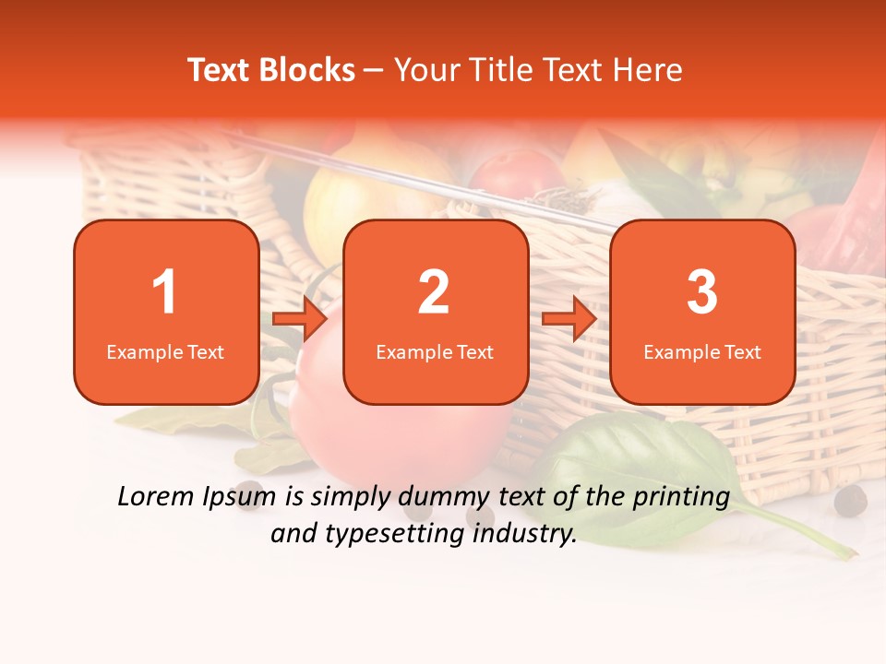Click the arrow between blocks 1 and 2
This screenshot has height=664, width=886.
301,318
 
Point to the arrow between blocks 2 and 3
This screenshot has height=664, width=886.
569,318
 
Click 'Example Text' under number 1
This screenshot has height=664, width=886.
165,351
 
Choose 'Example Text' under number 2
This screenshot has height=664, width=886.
435,351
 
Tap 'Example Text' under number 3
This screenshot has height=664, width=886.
702,351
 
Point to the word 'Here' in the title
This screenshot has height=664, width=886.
648,70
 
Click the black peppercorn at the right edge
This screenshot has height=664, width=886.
850,501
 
